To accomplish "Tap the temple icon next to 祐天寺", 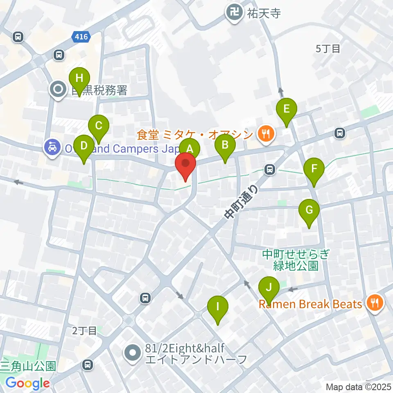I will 234,12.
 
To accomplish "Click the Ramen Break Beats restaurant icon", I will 375,304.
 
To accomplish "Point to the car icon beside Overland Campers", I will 52,148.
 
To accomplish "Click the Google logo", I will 27,384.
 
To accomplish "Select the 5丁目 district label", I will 328,49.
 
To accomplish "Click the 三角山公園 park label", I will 28,366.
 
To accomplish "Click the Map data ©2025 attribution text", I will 359,386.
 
